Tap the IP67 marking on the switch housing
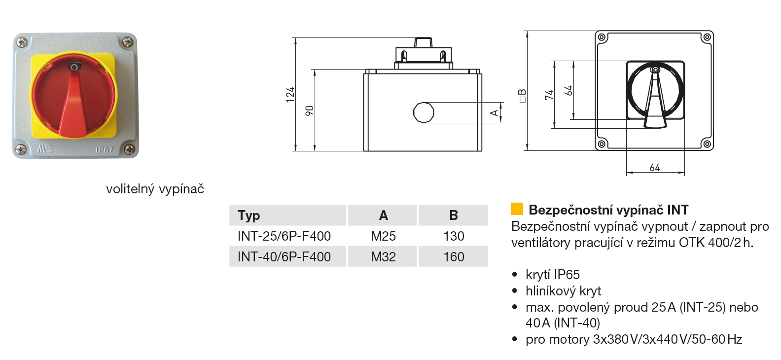tap(104, 149)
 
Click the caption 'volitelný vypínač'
tap(155, 189)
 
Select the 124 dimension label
tap(290, 94)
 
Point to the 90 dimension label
tap(310, 110)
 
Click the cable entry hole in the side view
tap(423, 112)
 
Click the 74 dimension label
tap(549, 95)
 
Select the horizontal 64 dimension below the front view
tap(655, 168)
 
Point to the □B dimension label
tap(522, 96)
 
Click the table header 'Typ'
tap(248, 216)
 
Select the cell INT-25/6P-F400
tap(284, 236)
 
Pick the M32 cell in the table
tap(383, 257)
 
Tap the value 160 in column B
tap(454, 257)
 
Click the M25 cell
tap(383, 236)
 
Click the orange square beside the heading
tap(517, 209)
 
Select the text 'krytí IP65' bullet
tap(552, 275)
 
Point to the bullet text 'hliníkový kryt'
tap(563, 291)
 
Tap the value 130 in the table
tap(454, 236)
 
